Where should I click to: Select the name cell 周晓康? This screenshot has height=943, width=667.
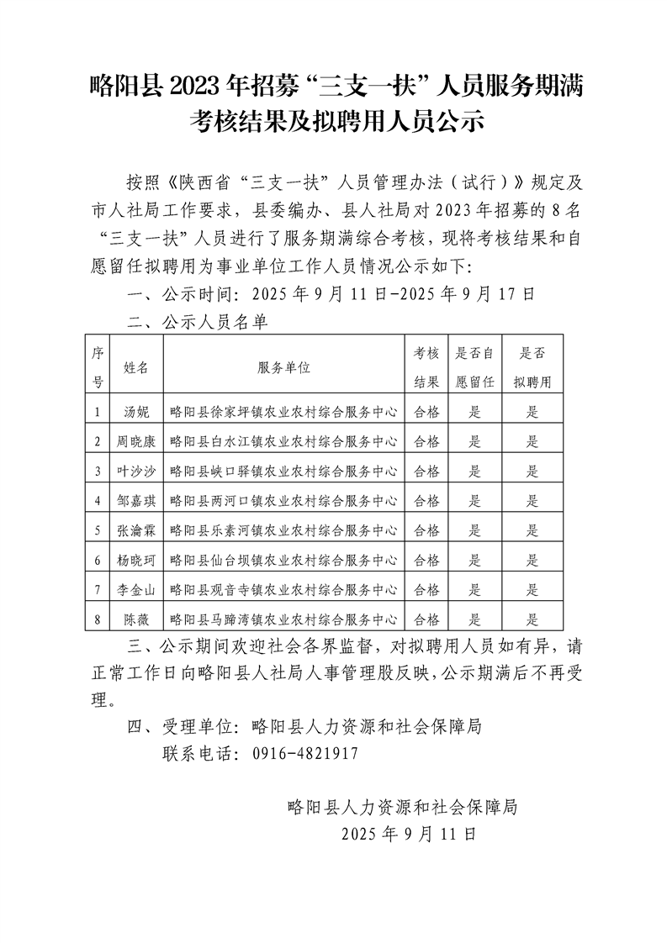coord(136,440)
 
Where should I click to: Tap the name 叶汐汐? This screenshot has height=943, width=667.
coord(136,471)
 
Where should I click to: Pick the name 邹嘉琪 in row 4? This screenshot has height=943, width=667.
coord(136,501)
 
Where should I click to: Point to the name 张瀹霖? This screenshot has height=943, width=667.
coord(136,530)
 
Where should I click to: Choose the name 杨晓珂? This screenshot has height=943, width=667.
coord(136,561)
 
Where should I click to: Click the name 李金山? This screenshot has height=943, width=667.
coord(136,590)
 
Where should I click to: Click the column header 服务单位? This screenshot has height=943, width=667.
coord(284,367)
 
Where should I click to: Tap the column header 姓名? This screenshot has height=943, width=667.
coord(136,367)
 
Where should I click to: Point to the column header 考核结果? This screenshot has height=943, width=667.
coord(427,367)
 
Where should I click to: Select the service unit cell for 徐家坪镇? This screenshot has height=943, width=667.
coord(284,411)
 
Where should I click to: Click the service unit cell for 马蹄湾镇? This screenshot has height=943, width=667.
coord(284,620)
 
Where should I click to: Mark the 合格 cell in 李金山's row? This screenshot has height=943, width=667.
coord(427,590)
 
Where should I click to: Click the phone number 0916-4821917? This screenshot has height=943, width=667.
coord(305,754)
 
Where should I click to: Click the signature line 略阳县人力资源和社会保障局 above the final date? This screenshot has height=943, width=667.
coord(401,808)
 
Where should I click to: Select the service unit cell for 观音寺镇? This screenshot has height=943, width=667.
coord(284,590)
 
